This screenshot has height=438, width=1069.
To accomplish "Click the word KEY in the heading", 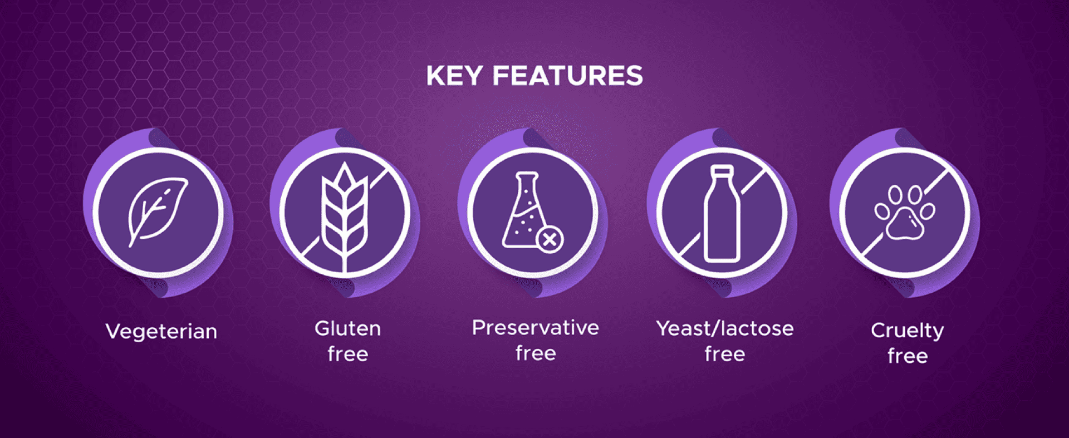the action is click(x=454, y=76).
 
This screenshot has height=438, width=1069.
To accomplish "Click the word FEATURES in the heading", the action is click(x=568, y=76).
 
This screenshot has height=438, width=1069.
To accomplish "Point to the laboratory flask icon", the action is click(x=523, y=210).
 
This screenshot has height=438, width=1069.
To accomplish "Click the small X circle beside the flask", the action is click(x=550, y=240).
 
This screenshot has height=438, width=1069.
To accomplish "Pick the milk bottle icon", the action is click(x=722, y=214).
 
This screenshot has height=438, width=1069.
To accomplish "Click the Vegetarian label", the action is click(x=161, y=332).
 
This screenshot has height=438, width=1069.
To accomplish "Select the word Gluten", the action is click(x=348, y=328).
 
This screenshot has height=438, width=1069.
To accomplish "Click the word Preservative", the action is click(x=536, y=328).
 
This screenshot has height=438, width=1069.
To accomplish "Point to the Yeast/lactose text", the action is click(x=725, y=328).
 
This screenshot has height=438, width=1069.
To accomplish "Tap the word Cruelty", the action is click(x=908, y=331).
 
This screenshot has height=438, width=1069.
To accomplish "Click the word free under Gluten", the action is click(x=348, y=354).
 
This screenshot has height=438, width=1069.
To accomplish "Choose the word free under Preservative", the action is click(x=536, y=353).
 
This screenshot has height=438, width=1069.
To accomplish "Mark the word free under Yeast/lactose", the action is click(x=725, y=354).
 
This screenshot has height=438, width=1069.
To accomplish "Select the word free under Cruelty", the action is click(x=908, y=356).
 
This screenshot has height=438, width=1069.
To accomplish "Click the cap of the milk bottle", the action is click(x=722, y=171).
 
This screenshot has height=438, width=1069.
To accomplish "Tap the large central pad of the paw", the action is click(x=905, y=224).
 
